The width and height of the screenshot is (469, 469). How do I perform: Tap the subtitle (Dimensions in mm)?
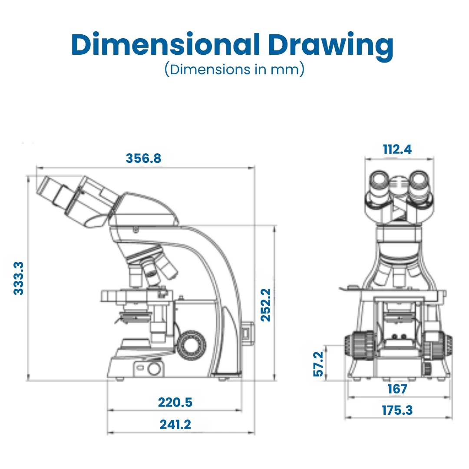[x=234, y=69]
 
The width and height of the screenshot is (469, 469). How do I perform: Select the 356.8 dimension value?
[x=143, y=159]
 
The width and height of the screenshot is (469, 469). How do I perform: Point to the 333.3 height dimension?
[x=19, y=278]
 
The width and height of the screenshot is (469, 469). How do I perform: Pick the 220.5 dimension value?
[x=175, y=403]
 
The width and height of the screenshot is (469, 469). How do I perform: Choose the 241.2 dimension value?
[x=175, y=424]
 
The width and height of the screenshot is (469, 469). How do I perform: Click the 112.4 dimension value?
[x=397, y=149]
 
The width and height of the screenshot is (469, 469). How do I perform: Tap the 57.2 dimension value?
[x=319, y=364]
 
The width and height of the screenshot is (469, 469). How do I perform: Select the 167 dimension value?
[x=397, y=389]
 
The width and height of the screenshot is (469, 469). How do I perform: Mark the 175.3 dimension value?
[x=397, y=410]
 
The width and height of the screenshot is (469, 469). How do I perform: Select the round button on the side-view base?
[x=154, y=369]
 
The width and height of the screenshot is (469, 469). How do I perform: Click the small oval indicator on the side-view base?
[x=140, y=368]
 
